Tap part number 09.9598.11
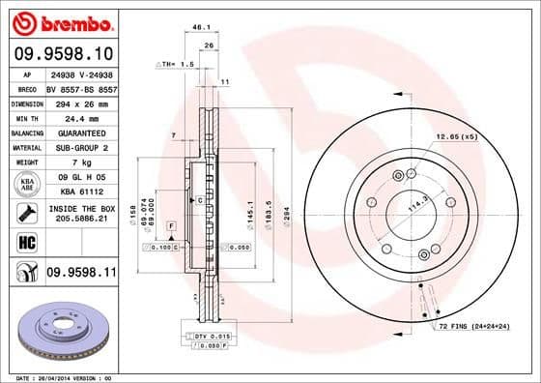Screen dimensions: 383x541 pyautogui.click(x=80, y=275)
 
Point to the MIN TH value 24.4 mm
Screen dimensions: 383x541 pyautogui.click(x=80, y=116)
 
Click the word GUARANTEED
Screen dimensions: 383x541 pyautogui.click(x=80, y=132)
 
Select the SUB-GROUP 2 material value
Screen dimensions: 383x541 pyautogui.click(x=80, y=147)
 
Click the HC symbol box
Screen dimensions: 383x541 pyautogui.click(x=26, y=242)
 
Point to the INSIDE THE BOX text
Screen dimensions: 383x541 pyautogui.click(x=80, y=209)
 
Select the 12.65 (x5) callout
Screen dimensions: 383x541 pyautogui.click(x=457, y=136)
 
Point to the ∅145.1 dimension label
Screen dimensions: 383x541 pyautogui.click(x=249, y=208)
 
